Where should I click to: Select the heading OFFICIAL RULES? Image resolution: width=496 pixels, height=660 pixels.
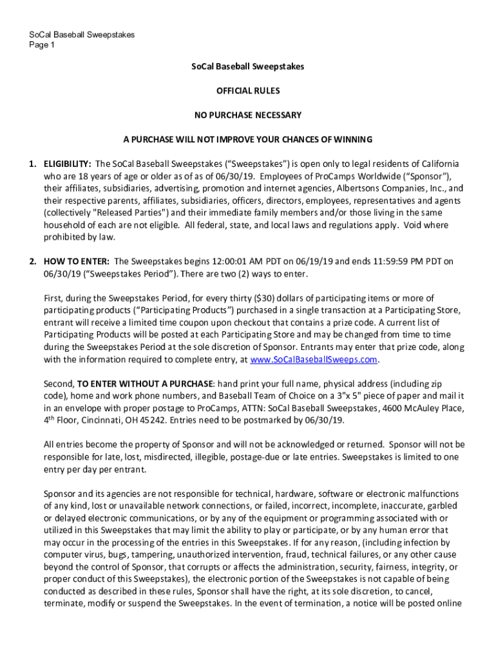248,91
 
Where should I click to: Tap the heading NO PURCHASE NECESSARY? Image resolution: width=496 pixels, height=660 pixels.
248,115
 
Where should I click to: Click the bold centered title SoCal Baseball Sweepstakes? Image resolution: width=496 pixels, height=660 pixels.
248,66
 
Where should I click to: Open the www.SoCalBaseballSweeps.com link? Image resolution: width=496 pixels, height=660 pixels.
313,360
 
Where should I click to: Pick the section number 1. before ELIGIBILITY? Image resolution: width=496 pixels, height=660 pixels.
32,164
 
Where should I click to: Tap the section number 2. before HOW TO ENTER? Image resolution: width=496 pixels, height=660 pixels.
32,262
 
